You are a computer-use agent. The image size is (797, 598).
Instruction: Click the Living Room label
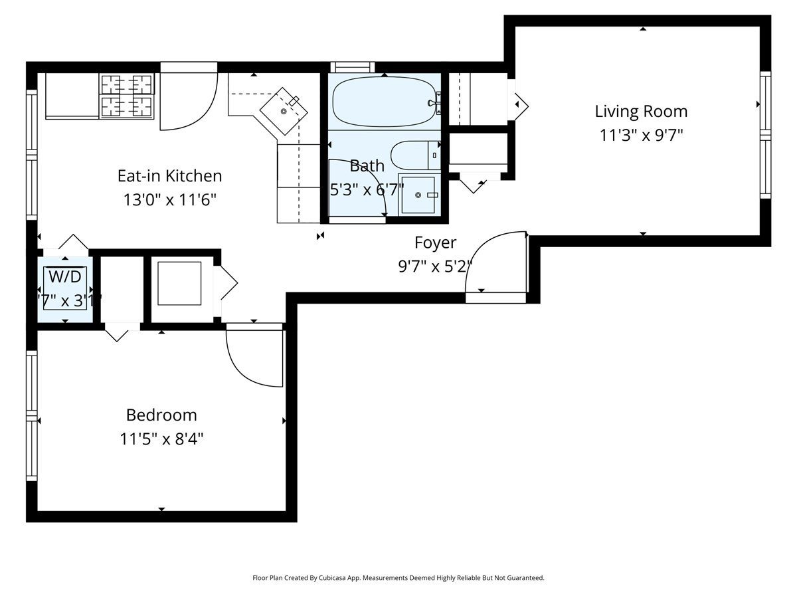641,112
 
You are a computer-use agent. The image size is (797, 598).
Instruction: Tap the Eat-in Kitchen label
169,176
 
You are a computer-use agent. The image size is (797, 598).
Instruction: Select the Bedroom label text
161,415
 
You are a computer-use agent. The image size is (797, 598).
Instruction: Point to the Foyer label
435,242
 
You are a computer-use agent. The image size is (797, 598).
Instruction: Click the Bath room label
367,165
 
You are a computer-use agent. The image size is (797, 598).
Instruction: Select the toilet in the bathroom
415,155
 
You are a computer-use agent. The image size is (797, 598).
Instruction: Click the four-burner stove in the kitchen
126,96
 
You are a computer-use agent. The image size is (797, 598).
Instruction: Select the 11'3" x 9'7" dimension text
641,136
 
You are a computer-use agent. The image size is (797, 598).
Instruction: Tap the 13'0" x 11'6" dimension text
169,200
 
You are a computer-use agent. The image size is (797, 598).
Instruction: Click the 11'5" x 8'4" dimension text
161,439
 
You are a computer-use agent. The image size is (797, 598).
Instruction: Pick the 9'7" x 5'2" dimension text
435,266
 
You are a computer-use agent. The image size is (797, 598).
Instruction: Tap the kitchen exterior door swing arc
189,100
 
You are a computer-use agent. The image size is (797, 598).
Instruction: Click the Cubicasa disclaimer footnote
398,578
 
